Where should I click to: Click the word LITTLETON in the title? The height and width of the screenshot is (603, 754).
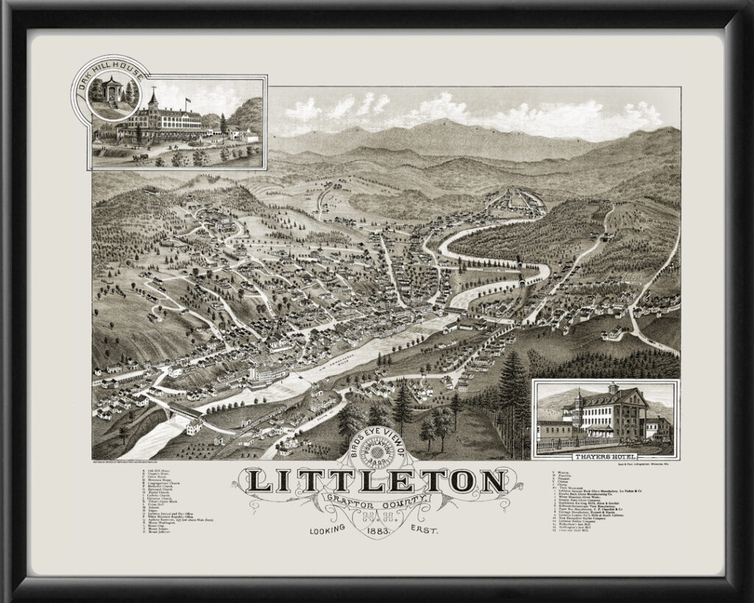[x=376, y=482]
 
